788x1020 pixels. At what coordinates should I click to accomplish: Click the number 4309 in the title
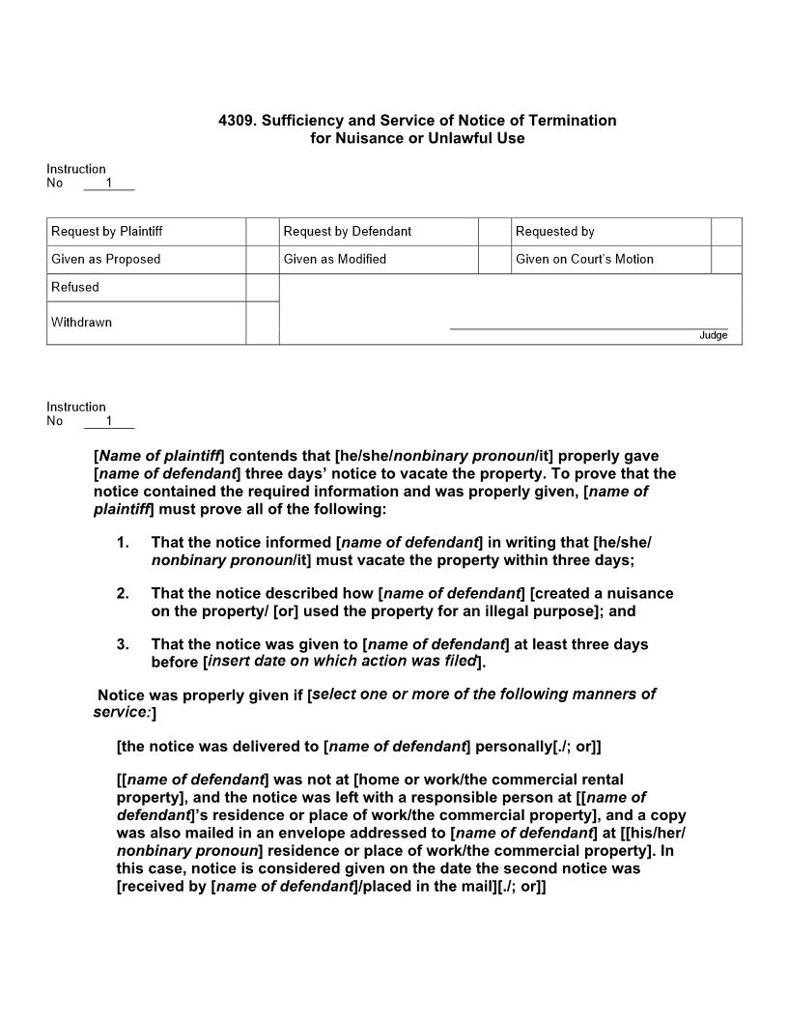(236, 121)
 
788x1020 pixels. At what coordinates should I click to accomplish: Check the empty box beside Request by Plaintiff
(262, 232)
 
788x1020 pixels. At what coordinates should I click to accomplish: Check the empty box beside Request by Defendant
(494, 232)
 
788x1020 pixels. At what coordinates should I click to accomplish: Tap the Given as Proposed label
(106, 259)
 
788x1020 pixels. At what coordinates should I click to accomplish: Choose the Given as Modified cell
(335, 259)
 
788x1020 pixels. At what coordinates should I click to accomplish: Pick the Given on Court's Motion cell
(584, 259)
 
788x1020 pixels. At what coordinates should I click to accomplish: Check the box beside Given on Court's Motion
(726, 259)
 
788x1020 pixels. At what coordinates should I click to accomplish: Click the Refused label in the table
(75, 287)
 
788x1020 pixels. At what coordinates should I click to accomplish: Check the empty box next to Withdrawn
(262, 323)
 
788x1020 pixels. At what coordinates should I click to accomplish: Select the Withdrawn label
(81, 323)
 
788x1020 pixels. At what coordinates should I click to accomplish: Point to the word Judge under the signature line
(714, 335)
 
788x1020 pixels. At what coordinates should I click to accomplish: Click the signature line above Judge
(589, 328)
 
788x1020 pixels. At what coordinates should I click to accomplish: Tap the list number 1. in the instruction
(123, 543)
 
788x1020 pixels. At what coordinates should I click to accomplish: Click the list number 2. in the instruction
(123, 593)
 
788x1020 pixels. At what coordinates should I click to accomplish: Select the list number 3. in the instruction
(123, 644)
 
